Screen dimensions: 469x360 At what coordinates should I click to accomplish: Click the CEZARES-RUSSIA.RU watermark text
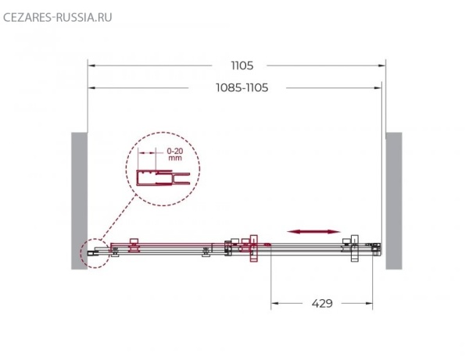click(57, 17)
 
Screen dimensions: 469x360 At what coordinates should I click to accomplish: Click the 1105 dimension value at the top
click(242, 66)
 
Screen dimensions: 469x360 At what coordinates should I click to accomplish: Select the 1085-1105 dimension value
click(242, 87)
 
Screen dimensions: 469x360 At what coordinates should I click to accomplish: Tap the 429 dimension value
click(322, 304)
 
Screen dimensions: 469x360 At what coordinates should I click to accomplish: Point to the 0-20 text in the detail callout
click(174, 151)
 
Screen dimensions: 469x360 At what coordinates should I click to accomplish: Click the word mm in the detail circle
click(174, 158)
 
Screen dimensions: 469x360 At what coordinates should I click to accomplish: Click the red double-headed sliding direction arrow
click(313, 231)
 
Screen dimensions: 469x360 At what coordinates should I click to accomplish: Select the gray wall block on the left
click(79, 201)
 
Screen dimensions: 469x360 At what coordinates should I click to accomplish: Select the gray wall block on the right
click(394, 201)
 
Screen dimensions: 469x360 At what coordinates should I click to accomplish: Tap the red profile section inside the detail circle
click(163, 178)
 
